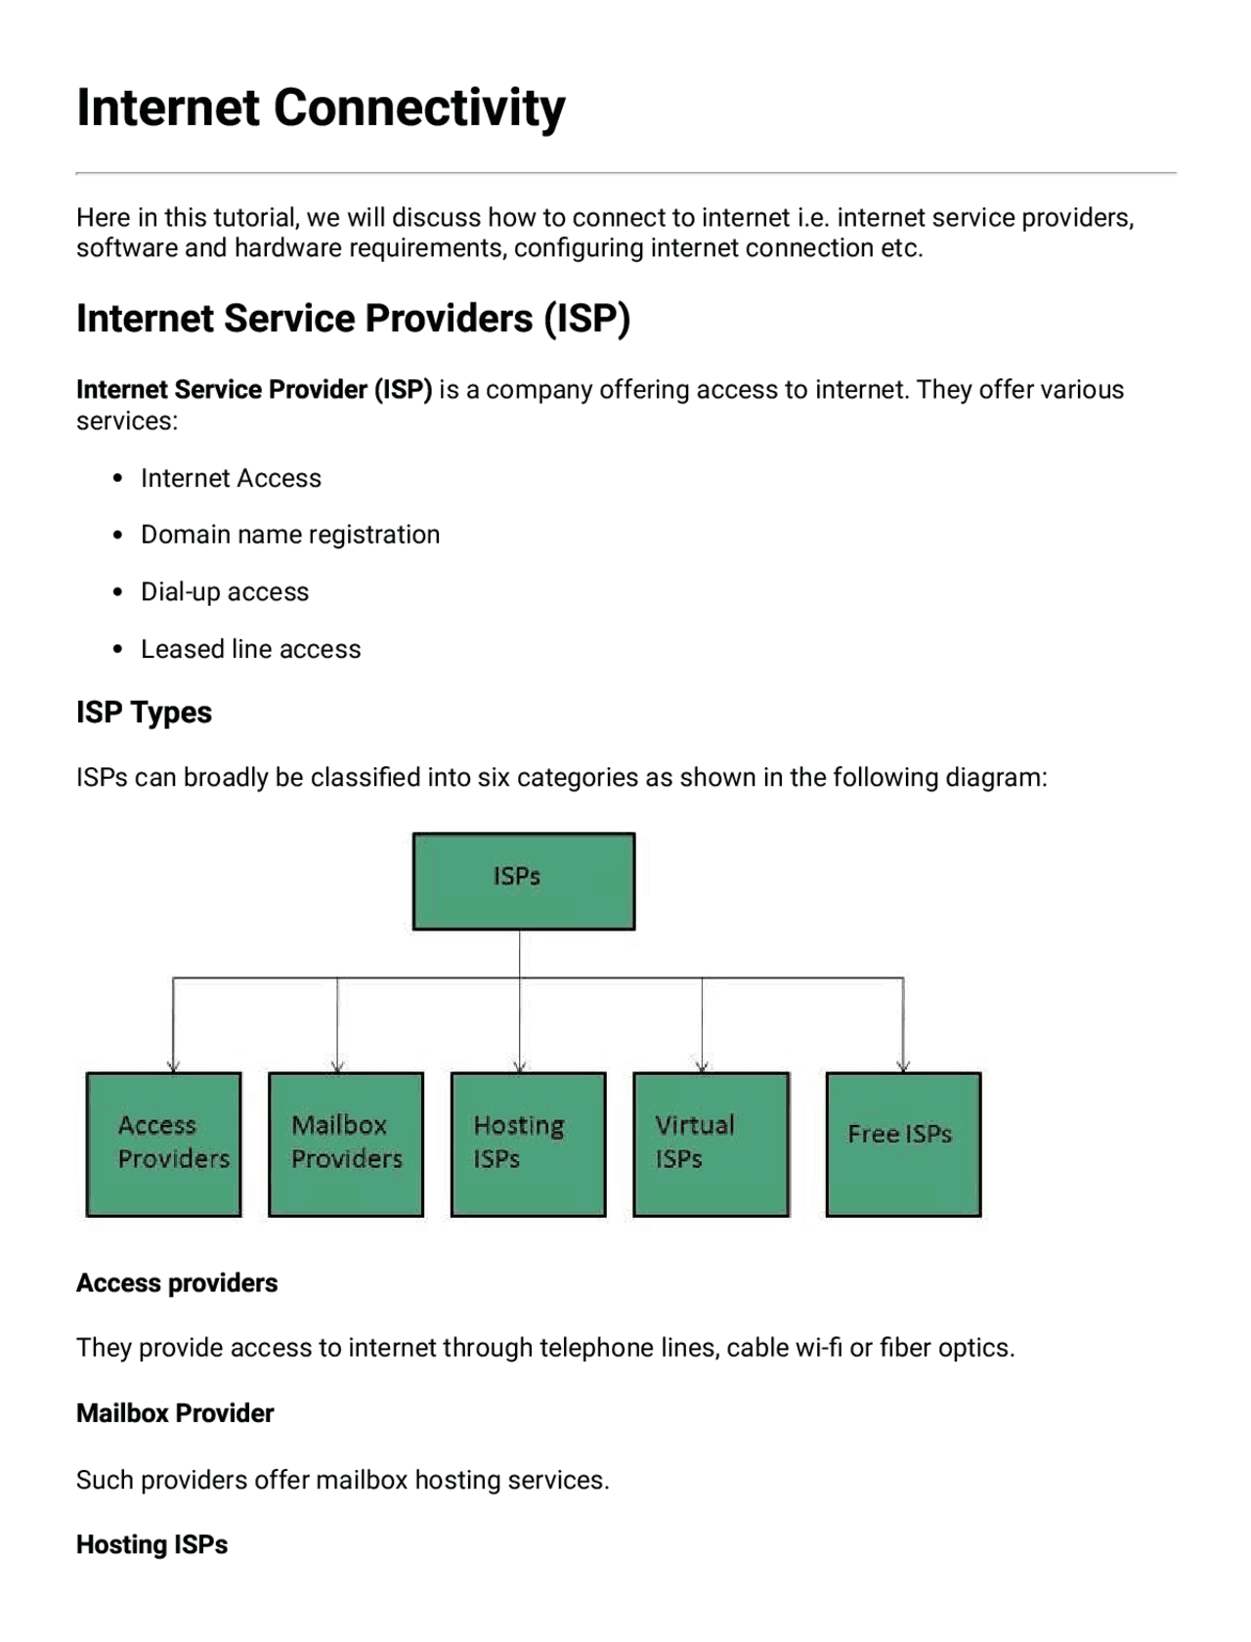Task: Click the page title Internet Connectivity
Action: click(x=321, y=108)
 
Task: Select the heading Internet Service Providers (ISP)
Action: click(x=353, y=319)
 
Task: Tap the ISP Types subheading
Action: click(x=144, y=713)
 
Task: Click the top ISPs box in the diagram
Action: click(x=523, y=881)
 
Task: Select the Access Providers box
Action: click(x=163, y=1144)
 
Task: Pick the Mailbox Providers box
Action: click(x=346, y=1144)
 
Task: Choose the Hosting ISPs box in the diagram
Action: click(x=528, y=1144)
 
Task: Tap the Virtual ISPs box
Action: click(x=711, y=1144)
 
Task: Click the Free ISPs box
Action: click(x=903, y=1144)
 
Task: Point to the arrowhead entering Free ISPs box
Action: click(x=903, y=1066)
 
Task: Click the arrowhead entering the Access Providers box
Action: click(x=173, y=1066)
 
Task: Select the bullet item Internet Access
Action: click(x=231, y=478)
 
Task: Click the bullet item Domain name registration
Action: click(x=290, y=535)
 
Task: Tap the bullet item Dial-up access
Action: click(x=225, y=592)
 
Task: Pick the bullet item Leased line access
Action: click(x=250, y=649)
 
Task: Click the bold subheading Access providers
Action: click(x=177, y=1282)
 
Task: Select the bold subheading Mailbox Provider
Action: click(x=175, y=1413)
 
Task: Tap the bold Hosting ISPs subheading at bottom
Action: click(x=151, y=1544)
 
